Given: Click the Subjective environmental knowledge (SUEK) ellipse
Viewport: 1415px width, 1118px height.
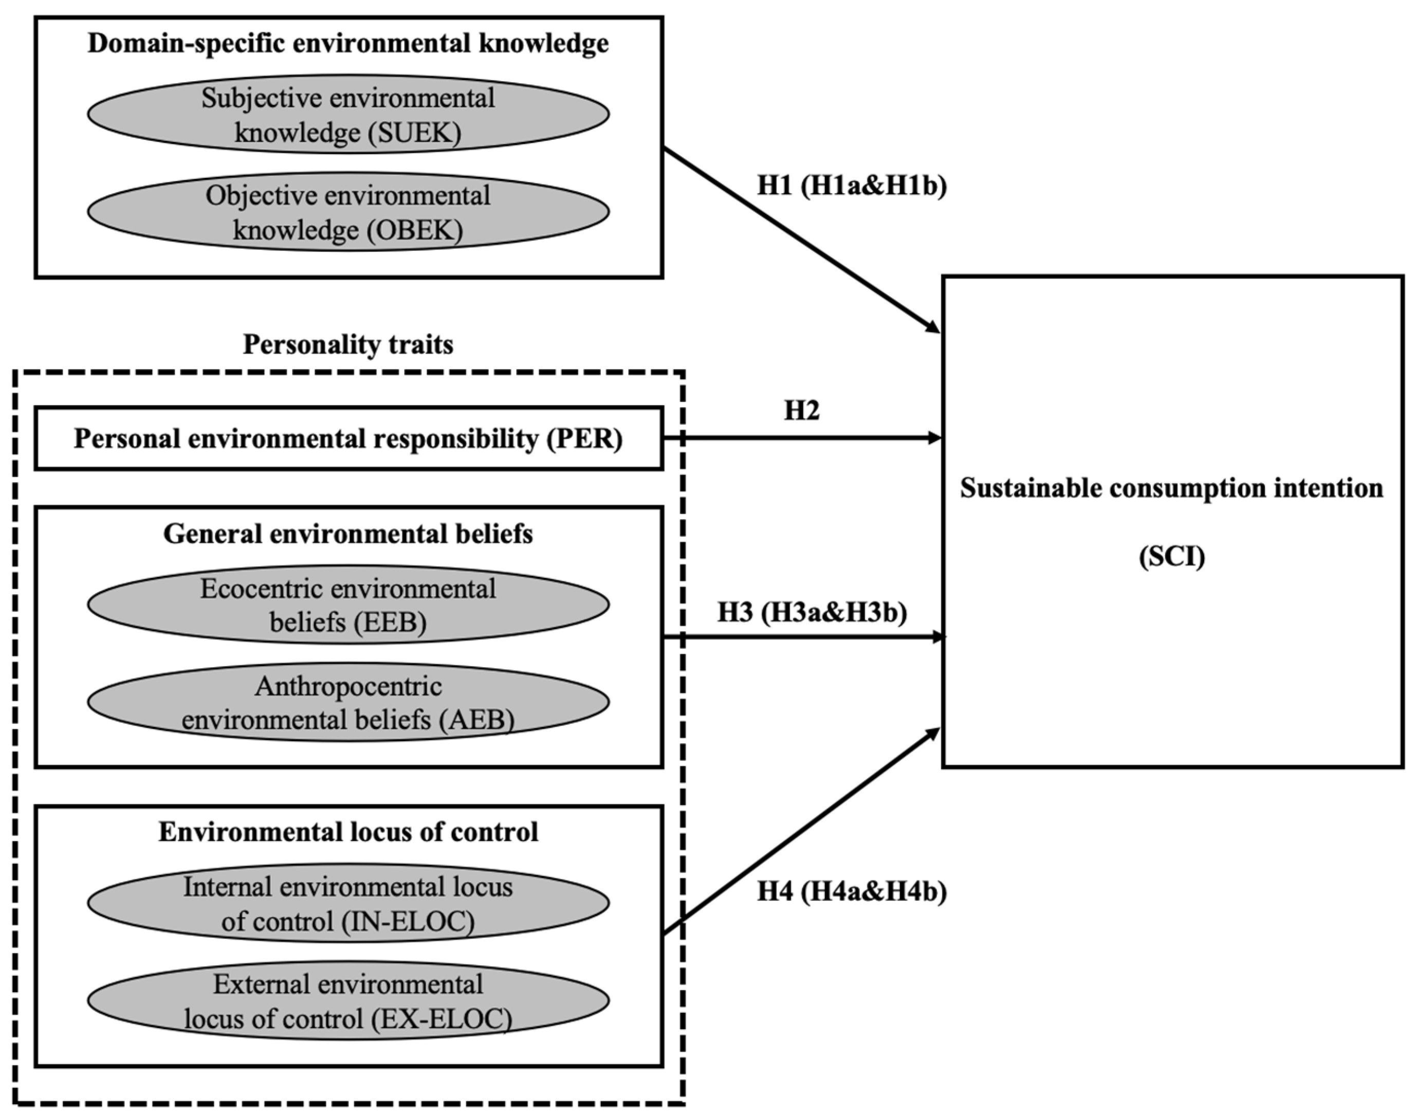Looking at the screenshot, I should pos(348,115).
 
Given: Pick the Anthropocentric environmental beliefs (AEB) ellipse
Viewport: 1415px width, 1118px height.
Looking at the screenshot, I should pos(348,702).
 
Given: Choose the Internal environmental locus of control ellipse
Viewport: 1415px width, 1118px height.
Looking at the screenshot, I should pos(348,903).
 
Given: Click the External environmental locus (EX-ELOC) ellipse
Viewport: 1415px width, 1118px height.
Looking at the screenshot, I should pos(348,1001).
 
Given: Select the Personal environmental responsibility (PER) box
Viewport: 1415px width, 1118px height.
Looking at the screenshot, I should pos(348,438).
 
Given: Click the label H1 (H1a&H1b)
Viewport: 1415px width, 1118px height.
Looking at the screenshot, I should pos(852,187).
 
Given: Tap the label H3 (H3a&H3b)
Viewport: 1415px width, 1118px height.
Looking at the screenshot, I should pos(812,613).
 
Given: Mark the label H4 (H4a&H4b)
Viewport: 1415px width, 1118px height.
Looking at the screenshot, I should pos(852,891).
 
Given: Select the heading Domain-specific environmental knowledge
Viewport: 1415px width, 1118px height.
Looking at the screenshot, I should pos(348,44).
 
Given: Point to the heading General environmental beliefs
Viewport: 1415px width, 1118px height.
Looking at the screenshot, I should pos(348,534).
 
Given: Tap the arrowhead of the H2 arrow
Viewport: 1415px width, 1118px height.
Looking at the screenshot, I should pos(935,438).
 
